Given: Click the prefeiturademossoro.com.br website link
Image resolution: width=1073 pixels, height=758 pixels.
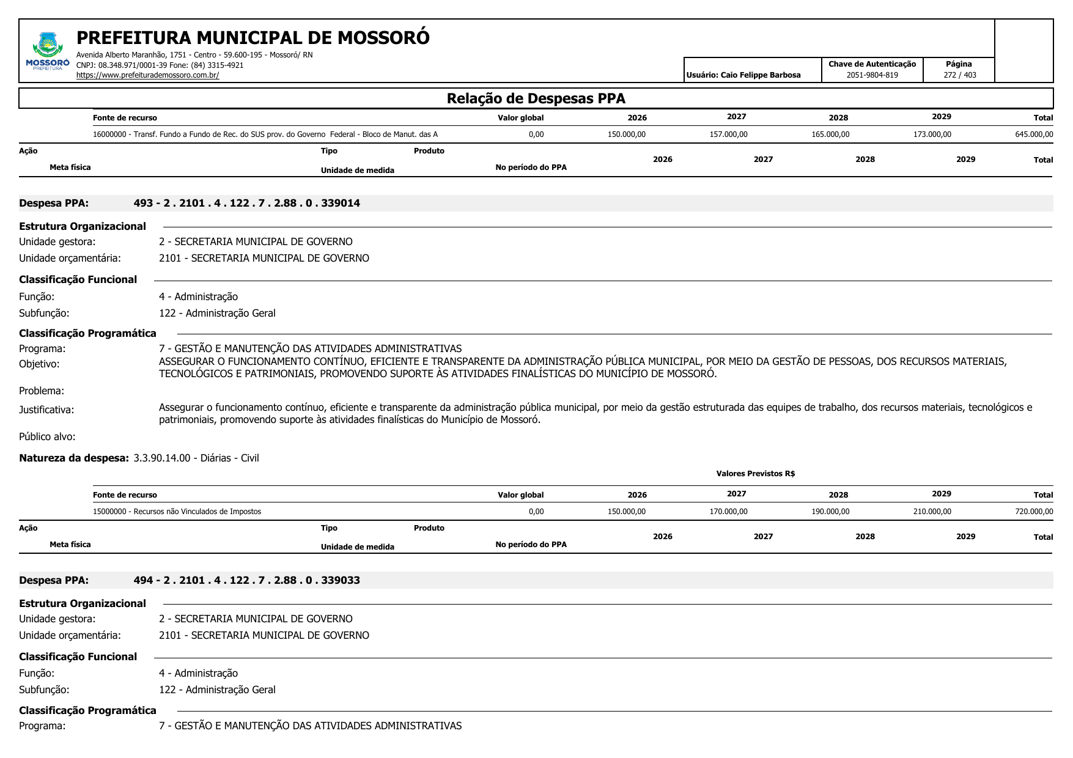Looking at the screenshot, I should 147,75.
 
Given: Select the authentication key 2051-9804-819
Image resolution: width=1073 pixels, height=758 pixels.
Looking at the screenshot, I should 872,75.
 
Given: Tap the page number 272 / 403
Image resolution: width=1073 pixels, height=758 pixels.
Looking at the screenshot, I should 959,75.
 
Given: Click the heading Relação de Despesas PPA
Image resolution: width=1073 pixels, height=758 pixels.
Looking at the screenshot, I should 536,98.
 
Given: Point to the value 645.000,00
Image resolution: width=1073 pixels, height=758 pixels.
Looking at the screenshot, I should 1034,134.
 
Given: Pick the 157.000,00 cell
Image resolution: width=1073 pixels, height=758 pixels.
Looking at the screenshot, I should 728,134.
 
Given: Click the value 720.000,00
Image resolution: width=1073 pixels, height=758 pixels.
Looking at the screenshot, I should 1034,512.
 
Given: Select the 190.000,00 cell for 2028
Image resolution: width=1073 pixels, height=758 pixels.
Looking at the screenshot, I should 830,512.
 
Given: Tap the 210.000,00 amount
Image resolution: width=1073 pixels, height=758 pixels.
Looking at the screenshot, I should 932,512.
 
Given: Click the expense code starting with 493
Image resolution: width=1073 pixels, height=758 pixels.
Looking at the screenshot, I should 246,203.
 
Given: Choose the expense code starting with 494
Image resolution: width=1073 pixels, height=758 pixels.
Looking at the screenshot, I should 246,580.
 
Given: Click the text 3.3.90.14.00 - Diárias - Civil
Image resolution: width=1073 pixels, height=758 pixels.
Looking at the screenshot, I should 196,458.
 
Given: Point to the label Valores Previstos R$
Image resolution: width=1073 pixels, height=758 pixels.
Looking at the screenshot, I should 755,474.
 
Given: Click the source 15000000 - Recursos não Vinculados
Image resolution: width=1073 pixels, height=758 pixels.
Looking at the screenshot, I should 177,512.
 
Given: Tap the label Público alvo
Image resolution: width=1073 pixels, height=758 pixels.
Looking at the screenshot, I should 47,436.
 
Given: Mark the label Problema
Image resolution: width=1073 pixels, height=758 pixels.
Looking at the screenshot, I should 42,391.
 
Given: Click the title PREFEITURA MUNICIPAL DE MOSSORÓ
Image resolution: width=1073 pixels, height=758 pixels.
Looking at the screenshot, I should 253,38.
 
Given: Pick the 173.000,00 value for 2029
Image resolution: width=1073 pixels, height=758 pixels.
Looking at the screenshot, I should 932,134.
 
